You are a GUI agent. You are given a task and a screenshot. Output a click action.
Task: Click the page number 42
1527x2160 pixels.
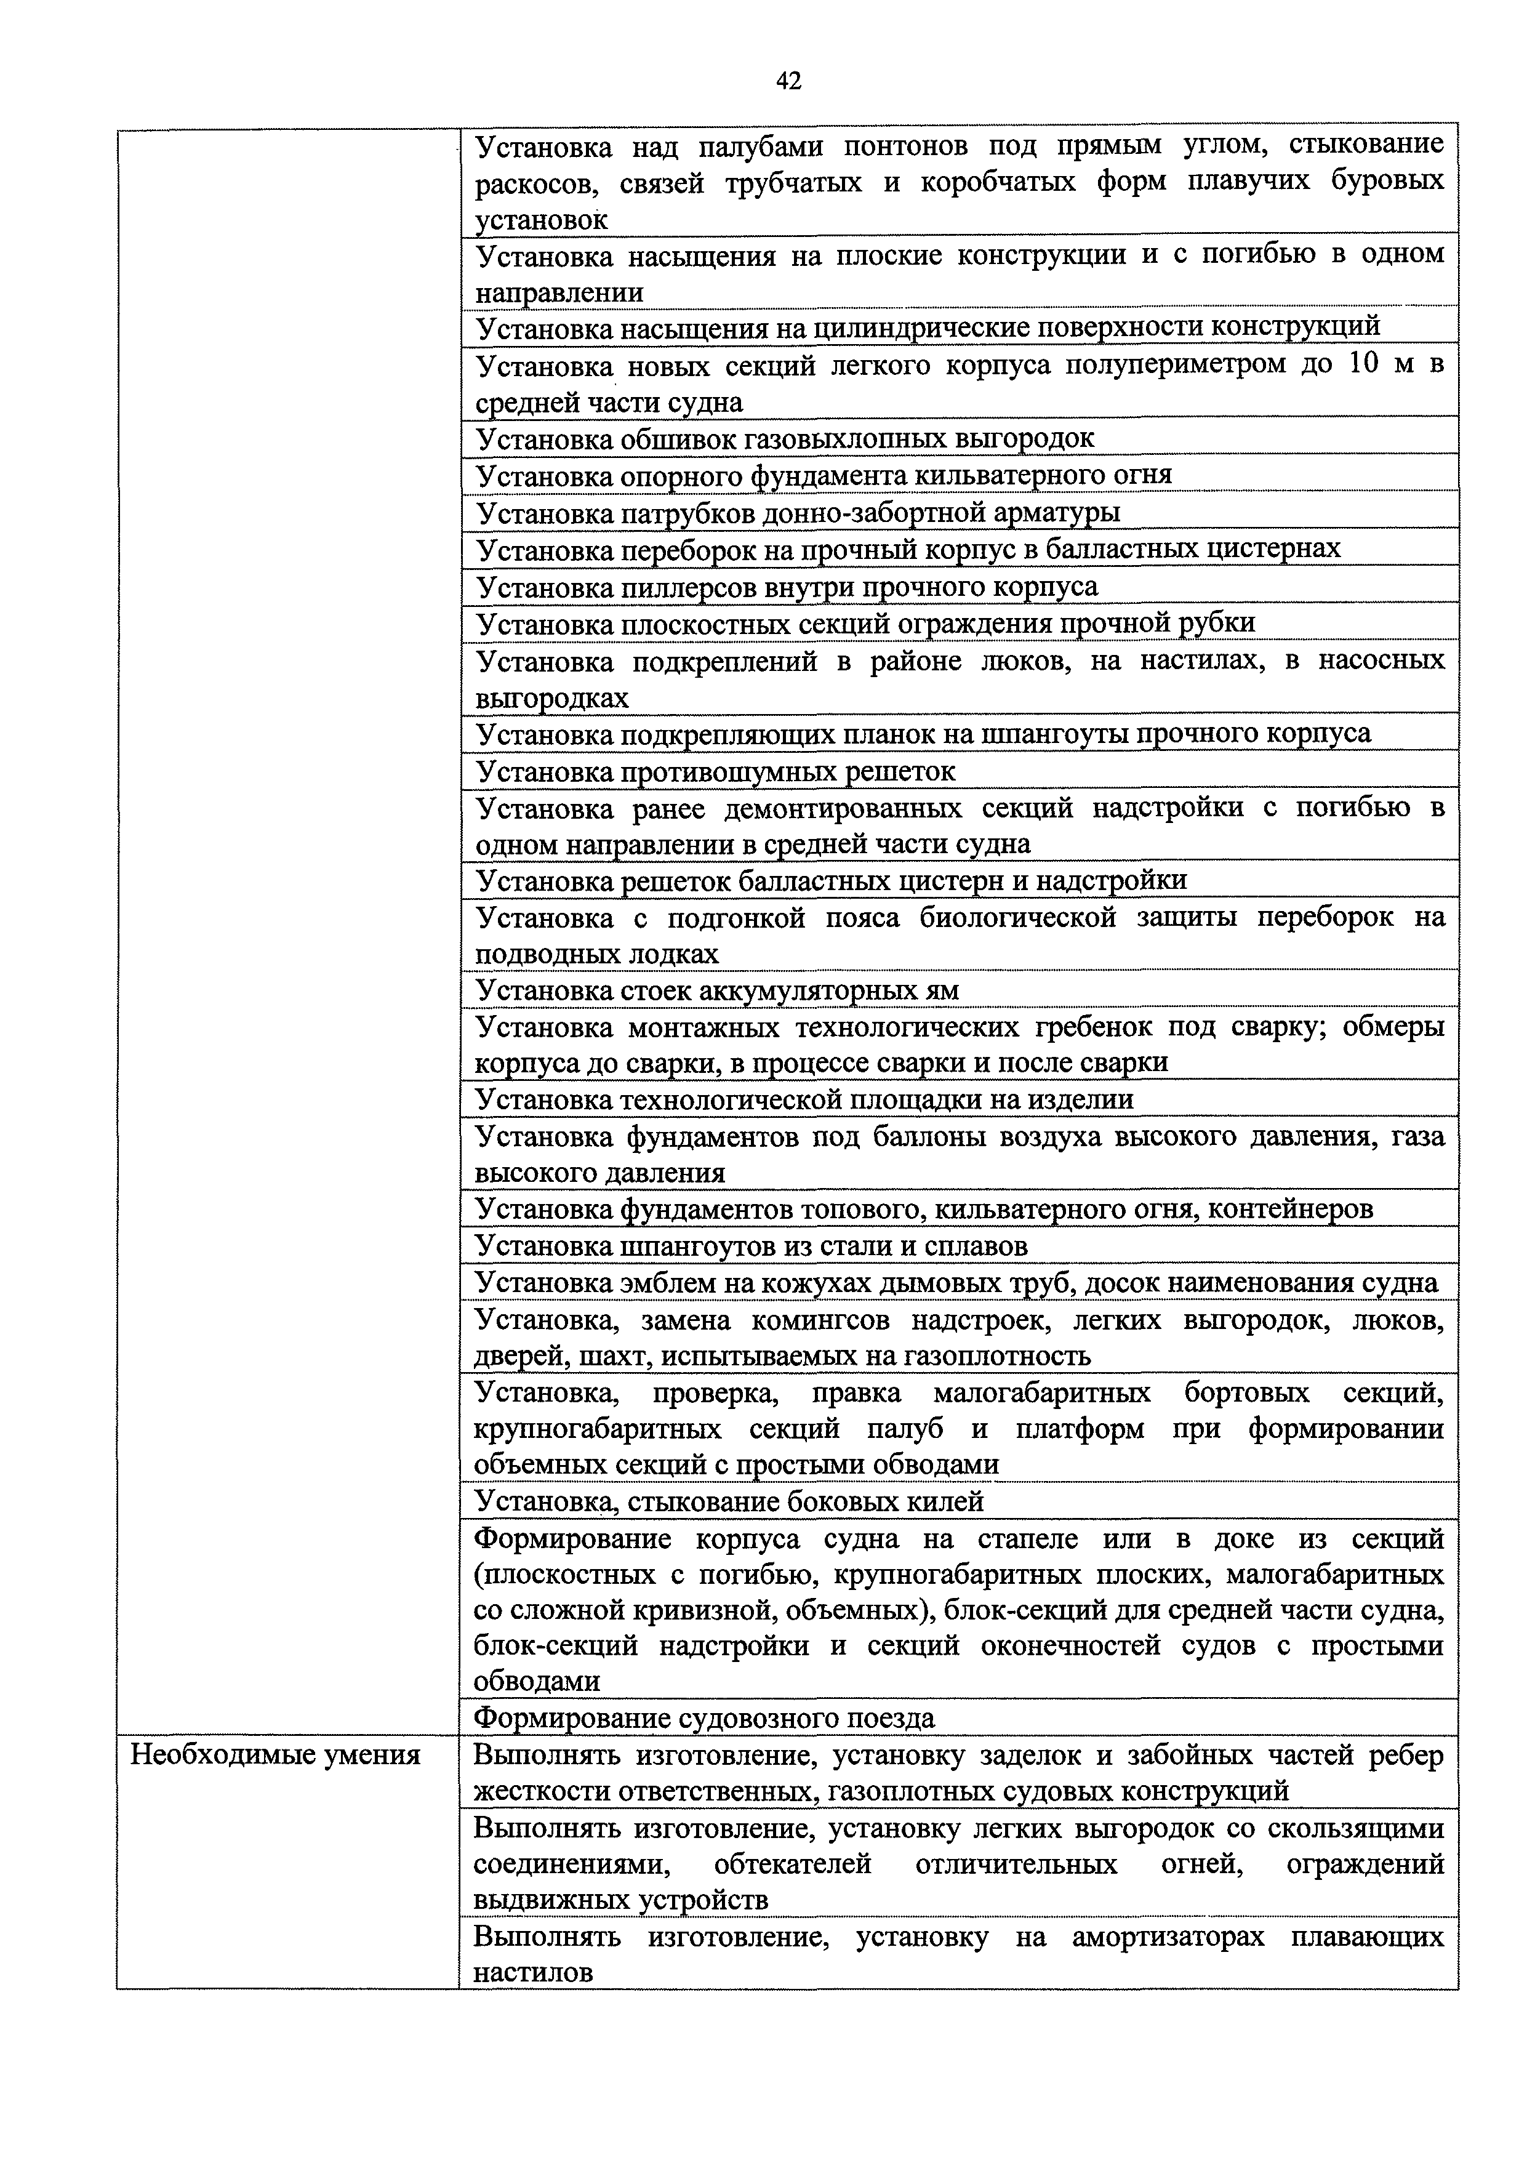(788, 82)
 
